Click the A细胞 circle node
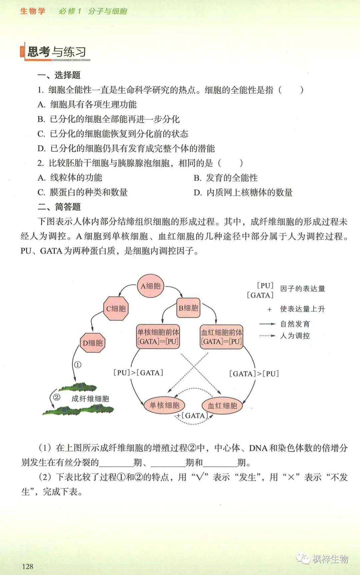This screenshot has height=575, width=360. [x=151, y=286]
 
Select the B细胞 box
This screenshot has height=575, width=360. [x=188, y=308]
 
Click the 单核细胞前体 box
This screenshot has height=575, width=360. [x=158, y=337]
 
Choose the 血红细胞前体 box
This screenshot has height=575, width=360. [x=221, y=337]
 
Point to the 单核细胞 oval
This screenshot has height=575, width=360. [x=164, y=405]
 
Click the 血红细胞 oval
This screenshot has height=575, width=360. [x=222, y=405]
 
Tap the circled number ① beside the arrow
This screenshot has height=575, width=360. [x=77, y=365]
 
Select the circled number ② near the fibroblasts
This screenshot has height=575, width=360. [x=56, y=397]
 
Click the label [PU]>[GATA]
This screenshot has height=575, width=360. [x=138, y=372]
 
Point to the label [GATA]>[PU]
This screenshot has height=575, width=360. [x=254, y=373]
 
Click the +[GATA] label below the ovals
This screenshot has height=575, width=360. [x=192, y=415]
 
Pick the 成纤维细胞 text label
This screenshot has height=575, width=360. [x=90, y=398]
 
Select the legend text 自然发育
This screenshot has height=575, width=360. [x=295, y=324]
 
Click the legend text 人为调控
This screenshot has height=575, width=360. [x=295, y=335]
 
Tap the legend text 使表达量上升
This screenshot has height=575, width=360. [x=302, y=309]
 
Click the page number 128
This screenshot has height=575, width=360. [x=28, y=566]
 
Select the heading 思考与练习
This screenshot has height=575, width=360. [x=57, y=52]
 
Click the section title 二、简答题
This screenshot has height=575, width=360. [x=59, y=207]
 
